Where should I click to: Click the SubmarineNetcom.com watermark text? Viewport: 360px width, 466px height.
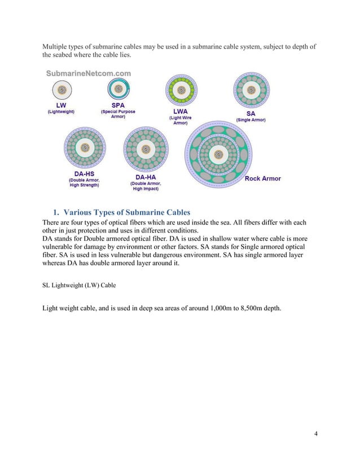[89, 73]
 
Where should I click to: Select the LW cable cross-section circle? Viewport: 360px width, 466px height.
[61, 90]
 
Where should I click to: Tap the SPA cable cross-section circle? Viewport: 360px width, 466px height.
[118, 90]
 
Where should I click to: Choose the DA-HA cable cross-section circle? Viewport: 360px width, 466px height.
[144, 150]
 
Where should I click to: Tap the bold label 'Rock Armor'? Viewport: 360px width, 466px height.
[262, 179]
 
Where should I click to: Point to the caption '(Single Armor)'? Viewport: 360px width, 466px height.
[251, 120]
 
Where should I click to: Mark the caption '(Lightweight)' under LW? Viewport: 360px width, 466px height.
[60, 112]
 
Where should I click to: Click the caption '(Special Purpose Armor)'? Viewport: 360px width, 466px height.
[118, 114]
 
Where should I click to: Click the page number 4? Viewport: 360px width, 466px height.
[315, 433]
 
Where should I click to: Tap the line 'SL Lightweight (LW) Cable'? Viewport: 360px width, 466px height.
[79, 285]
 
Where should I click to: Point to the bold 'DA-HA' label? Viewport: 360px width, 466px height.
[143, 177]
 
